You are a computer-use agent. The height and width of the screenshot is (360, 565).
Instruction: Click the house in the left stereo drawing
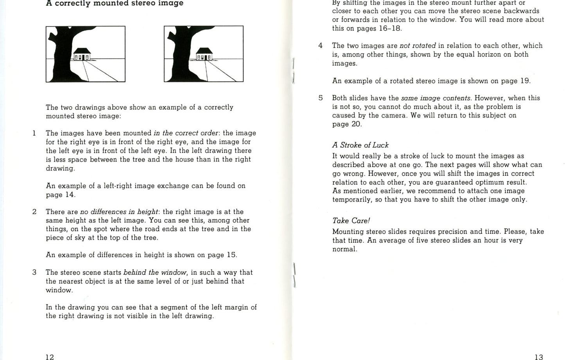pyautogui.click(x=82, y=54)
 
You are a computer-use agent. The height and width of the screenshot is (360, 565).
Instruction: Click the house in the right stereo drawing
pyautogui.click(x=204, y=54)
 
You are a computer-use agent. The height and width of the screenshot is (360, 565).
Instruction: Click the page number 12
pyautogui.click(x=50, y=356)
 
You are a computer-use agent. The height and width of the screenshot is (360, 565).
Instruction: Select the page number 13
pyautogui.click(x=538, y=356)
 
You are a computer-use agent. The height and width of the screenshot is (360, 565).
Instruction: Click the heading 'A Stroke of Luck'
pyautogui.click(x=360, y=145)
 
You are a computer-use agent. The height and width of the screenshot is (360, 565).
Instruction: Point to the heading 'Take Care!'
pyautogui.click(x=351, y=220)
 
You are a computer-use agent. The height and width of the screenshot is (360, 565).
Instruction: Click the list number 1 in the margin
pyautogui.click(x=34, y=133)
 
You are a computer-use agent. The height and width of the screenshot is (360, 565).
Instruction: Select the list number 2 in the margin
pyautogui.click(x=34, y=212)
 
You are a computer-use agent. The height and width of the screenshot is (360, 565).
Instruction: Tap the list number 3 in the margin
pyautogui.click(x=34, y=272)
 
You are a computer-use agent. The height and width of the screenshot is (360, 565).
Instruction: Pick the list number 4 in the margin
pyautogui.click(x=321, y=46)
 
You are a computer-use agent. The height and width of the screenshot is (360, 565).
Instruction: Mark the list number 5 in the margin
pyautogui.click(x=321, y=98)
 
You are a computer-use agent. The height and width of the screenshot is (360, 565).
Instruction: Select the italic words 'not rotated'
pyautogui.click(x=418, y=46)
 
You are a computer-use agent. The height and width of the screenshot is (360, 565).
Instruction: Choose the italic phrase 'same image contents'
pyautogui.click(x=436, y=98)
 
